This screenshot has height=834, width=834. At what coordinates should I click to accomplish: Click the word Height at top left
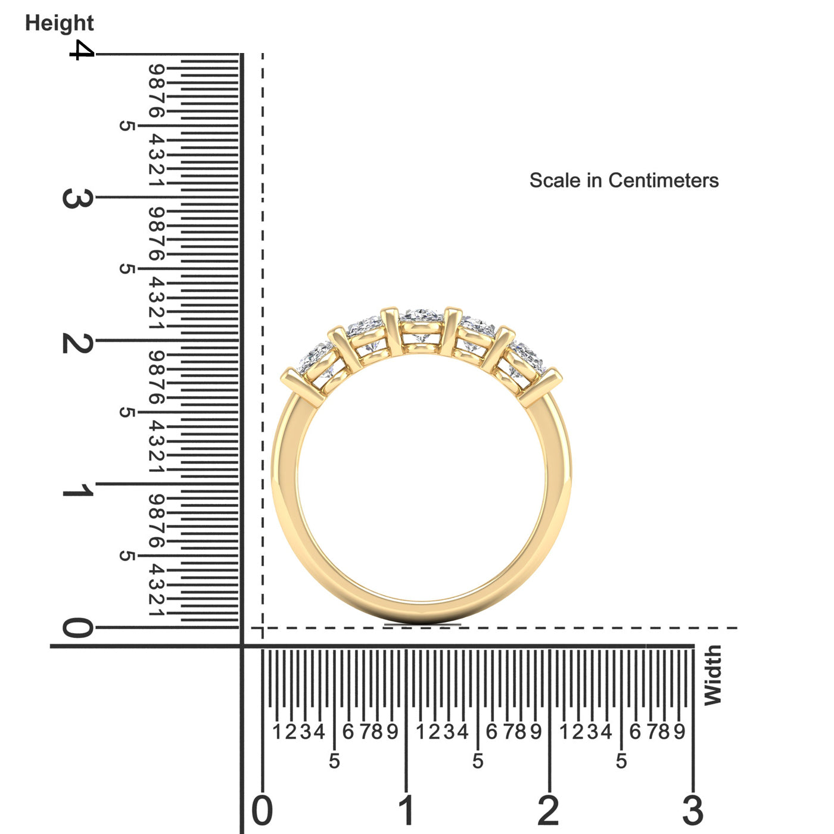coord(59,23)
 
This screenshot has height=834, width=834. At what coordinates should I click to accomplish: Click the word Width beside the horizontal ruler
coord(712,676)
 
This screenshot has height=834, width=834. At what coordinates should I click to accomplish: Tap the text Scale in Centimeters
coord(624,181)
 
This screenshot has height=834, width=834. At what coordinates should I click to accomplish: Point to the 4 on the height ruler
coord(81,51)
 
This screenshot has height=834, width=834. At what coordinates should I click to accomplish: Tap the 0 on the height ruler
coord(77,628)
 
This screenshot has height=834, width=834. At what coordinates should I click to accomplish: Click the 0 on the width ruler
coord(262,811)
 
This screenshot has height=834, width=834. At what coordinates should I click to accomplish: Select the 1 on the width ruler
coord(406,811)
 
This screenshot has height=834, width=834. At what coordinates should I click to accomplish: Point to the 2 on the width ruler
coord(549,811)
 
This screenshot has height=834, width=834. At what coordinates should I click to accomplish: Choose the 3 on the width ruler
coord(693,811)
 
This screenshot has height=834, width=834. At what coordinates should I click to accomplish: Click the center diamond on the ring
coord(422,325)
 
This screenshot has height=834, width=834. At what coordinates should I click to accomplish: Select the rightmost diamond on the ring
coord(525,360)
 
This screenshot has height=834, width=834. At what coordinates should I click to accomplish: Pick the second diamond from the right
coord(477,335)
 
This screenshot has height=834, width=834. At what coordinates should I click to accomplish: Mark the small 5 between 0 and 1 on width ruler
coord(334,761)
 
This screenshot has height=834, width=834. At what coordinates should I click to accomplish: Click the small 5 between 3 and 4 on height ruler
coord(126,126)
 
